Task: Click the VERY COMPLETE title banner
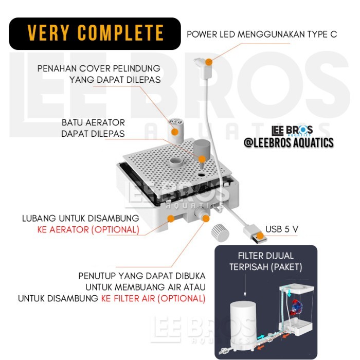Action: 95,33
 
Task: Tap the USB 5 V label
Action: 282,229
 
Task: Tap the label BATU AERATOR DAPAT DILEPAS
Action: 93,128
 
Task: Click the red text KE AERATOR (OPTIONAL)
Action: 88,229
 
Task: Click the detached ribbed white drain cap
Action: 221,232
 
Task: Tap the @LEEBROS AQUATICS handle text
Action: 288,142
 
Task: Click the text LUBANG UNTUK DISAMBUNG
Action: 80,218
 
